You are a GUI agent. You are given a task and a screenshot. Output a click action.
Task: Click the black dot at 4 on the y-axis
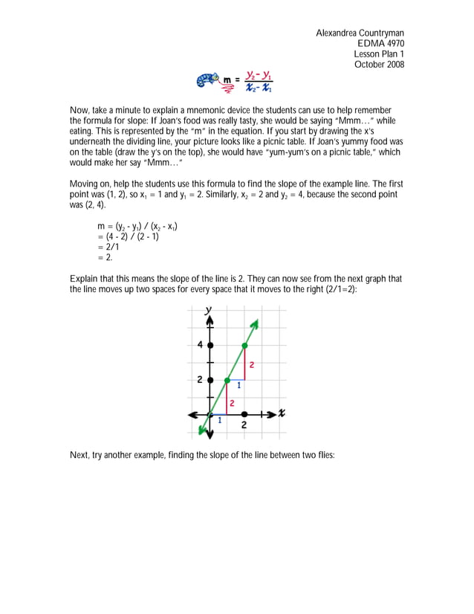pos(210,346)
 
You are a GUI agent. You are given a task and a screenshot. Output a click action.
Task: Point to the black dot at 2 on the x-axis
pos(244,414)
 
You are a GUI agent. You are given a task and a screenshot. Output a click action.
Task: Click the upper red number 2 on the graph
pos(252,365)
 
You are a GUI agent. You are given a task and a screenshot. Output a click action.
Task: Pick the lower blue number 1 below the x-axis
pos(219,421)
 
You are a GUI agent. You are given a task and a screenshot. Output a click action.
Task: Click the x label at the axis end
pos(283,413)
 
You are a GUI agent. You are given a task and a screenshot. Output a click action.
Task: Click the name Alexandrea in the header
pos(338,33)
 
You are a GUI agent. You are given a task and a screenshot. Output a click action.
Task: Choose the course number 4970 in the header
pos(393,44)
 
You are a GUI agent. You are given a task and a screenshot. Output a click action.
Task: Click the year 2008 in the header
pos(393,65)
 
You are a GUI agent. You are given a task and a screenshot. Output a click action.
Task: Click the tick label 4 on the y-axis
pos(200,346)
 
